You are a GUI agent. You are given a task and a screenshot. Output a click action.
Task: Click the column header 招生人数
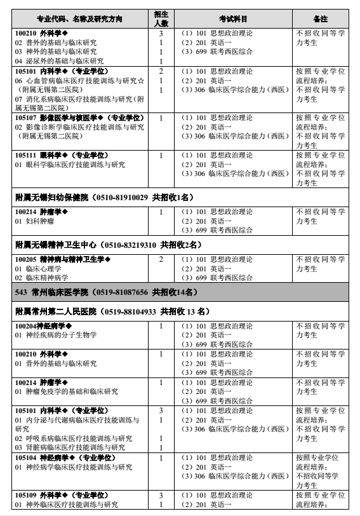point(161,19)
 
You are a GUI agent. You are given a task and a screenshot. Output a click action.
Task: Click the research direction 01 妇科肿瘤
point(36,221)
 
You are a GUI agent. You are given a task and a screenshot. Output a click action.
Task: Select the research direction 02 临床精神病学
point(42,278)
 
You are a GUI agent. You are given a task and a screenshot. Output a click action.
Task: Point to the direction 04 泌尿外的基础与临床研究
point(59,60)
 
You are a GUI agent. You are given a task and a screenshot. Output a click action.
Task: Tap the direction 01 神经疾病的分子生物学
point(56,335)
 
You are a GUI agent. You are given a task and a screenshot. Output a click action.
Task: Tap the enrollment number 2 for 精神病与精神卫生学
point(161,259)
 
